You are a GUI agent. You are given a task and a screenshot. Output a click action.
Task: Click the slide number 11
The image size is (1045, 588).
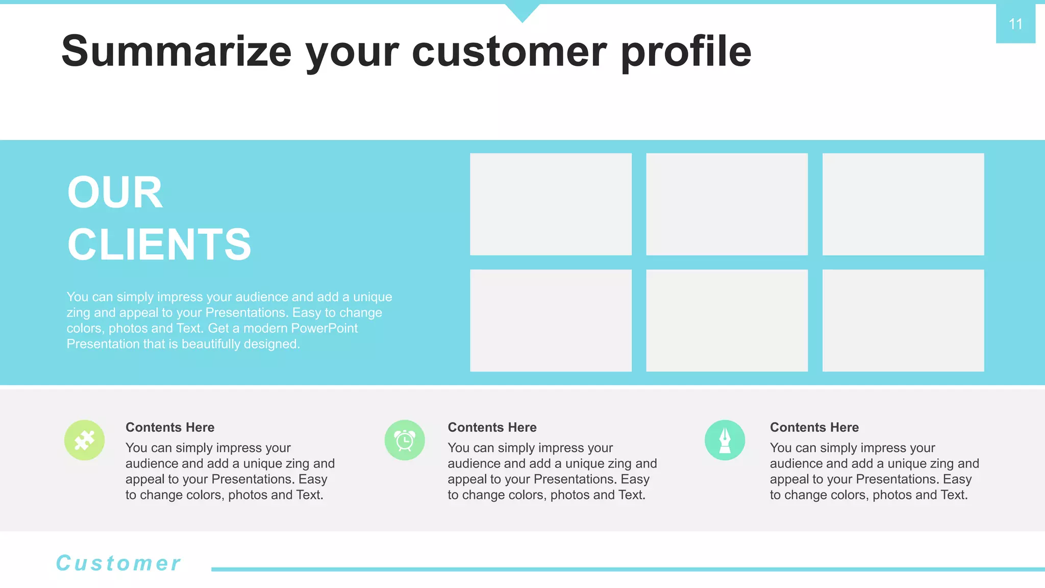pyautogui.click(x=1015, y=24)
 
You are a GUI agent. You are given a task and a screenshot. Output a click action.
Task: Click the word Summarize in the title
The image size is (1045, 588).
pyautogui.click(x=176, y=52)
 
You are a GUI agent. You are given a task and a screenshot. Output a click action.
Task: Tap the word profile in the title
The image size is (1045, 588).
pyautogui.click(x=686, y=52)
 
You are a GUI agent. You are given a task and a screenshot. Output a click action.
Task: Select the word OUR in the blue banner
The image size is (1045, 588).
pyautogui.click(x=115, y=192)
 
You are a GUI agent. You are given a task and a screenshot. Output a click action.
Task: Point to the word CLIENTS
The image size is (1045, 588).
pyautogui.click(x=159, y=244)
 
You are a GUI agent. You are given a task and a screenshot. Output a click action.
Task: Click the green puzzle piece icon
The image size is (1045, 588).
pyautogui.click(x=85, y=440)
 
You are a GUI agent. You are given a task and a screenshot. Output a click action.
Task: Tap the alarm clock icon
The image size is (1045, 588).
pyautogui.click(x=405, y=440)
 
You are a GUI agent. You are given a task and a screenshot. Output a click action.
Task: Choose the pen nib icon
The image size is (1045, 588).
pyautogui.click(x=725, y=440)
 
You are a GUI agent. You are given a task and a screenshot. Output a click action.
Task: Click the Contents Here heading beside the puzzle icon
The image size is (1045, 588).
pyautogui.click(x=170, y=427)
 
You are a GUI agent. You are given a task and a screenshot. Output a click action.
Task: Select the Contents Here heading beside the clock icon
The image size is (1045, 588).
pyautogui.click(x=492, y=427)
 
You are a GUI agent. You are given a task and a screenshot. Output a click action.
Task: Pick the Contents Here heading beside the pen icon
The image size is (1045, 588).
pyautogui.click(x=814, y=427)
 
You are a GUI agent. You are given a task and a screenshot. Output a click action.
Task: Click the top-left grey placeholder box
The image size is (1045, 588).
pyautogui.click(x=551, y=204)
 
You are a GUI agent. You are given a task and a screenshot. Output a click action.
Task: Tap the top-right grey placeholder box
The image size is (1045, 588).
pyautogui.click(x=903, y=204)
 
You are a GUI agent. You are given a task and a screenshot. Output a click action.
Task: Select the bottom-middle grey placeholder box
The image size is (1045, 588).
pyautogui.click(x=727, y=321)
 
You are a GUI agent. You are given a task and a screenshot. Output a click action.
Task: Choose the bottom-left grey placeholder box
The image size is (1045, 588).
pyautogui.click(x=551, y=321)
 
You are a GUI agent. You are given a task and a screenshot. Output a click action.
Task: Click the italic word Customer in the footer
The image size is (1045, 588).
pyautogui.click(x=118, y=563)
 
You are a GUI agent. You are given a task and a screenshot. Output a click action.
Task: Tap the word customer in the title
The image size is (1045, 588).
pyautogui.click(x=509, y=52)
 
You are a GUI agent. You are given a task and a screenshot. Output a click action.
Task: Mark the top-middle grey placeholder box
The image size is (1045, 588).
pyautogui.click(x=727, y=204)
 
